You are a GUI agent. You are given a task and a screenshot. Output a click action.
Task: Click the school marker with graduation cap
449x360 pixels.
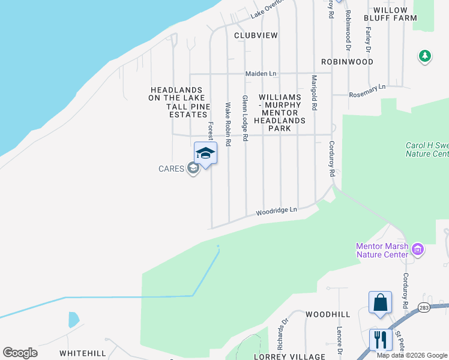(x=205, y=153)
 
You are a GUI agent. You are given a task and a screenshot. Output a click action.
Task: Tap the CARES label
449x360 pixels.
(x=171, y=169)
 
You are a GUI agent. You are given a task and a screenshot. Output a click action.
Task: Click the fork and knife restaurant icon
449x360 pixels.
(x=381, y=340)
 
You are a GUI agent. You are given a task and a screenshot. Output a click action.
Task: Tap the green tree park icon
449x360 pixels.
(x=425, y=56)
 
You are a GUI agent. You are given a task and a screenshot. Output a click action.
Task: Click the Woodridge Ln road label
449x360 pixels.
(x=277, y=211)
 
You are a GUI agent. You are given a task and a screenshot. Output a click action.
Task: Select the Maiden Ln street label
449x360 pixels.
(x=261, y=74)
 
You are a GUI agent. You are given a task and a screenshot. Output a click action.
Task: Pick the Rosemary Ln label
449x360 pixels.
(x=367, y=91)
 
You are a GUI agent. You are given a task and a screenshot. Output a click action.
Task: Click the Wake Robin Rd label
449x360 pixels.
(x=228, y=125)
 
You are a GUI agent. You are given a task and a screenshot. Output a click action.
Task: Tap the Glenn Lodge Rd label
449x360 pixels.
(x=245, y=118)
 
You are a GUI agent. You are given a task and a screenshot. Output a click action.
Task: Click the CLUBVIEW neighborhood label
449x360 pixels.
(x=256, y=35)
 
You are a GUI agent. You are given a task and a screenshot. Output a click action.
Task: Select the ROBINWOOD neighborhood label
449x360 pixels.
(x=347, y=62)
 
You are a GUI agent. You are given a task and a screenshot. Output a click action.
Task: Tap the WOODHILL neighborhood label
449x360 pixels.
(x=327, y=314)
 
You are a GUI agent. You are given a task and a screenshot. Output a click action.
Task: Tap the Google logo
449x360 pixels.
(x=20, y=353)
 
